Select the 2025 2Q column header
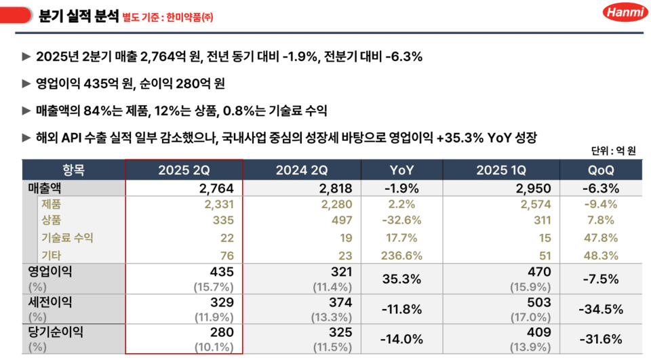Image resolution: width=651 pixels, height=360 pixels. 184,170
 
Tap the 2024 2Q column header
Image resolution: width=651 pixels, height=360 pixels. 302,170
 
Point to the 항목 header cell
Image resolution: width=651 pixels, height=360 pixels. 73,170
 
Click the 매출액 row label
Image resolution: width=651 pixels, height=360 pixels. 45,188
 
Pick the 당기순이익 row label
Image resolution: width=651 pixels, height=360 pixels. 54,332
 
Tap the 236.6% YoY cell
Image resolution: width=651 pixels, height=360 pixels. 403,256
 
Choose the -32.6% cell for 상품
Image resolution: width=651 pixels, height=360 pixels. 403,220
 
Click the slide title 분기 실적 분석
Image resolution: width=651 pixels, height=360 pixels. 77,15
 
